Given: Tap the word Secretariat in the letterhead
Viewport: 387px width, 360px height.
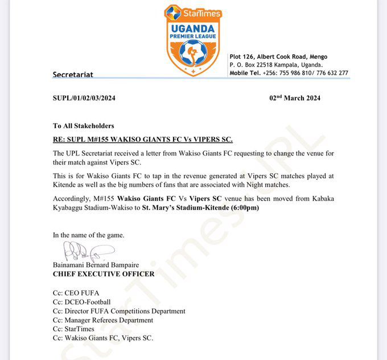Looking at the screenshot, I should click(73, 75).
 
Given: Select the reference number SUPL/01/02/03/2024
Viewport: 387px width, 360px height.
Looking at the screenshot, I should click(84, 98).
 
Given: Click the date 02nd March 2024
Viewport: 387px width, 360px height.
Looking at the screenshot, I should click(295, 98).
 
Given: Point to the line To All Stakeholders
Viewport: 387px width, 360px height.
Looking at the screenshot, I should click(84, 126).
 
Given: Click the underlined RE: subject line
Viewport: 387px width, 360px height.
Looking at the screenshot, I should click(143, 140).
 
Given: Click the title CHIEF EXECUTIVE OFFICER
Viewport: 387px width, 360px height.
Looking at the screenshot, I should click(104, 274).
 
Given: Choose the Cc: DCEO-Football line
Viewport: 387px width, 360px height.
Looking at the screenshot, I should click(82, 302).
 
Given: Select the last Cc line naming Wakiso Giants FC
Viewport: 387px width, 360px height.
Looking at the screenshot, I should click(103, 338).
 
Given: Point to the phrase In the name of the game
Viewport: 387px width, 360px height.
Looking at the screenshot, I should click(88, 235).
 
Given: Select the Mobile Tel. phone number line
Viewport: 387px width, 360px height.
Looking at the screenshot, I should click(289, 73).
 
